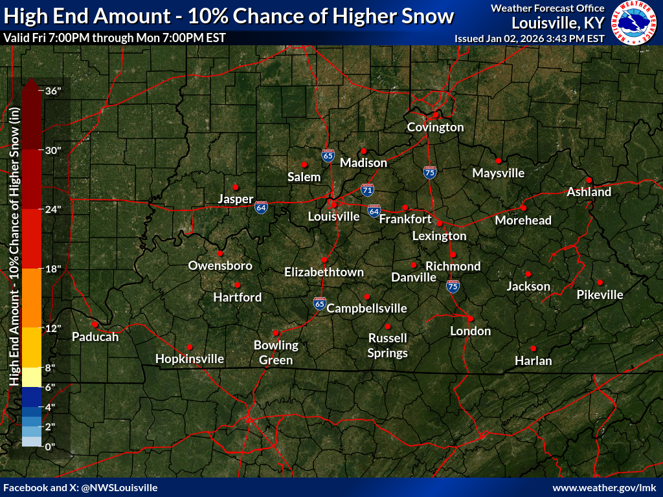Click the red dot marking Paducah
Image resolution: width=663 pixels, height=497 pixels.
(x=95, y=324)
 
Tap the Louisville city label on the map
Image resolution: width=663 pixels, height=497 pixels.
(x=333, y=216)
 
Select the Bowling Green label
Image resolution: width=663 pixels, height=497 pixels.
(x=276, y=353)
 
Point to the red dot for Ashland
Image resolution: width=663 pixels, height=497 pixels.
(x=589, y=180)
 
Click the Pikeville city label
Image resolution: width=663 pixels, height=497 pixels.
(x=600, y=295)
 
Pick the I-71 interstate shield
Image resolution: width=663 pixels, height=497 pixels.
(x=367, y=190)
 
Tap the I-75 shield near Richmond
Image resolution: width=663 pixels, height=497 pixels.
(x=453, y=286)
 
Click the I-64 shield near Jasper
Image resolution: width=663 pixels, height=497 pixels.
(x=261, y=207)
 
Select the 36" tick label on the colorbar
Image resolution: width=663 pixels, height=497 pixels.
(x=52, y=91)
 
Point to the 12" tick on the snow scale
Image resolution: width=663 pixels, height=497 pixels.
(x=52, y=328)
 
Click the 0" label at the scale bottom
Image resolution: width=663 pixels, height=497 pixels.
(x=49, y=447)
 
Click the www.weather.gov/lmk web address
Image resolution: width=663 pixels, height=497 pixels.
(x=605, y=487)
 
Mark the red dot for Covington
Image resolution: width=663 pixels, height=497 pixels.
(x=436, y=115)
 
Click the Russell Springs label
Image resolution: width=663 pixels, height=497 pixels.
(x=388, y=346)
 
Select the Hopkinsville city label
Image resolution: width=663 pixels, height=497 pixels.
(x=190, y=359)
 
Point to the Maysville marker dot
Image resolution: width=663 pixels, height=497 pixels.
(x=499, y=160)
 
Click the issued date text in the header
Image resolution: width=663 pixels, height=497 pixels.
(x=530, y=38)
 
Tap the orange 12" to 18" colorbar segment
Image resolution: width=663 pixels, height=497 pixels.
(x=32, y=298)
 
